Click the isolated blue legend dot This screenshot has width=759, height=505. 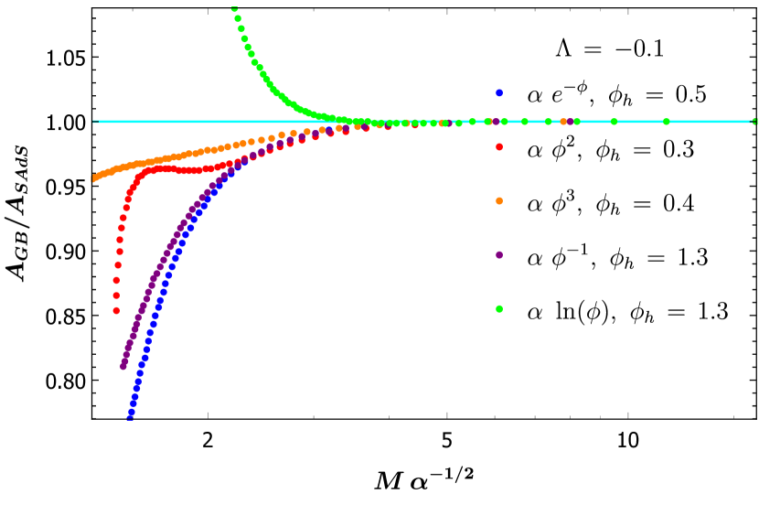[x=499, y=92]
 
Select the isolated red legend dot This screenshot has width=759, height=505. [x=499, y=146]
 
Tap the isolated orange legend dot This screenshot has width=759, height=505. [x=499, y=200]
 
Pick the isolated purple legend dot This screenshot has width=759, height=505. [x=499, y=254]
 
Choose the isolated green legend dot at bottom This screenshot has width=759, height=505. [x=499, y=308]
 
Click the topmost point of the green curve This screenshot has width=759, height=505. [x=234, y=8]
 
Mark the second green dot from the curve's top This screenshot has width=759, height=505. [x=238, y=18]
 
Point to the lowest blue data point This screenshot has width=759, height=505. [x=130, y=415]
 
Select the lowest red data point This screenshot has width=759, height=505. [x=116, y=311]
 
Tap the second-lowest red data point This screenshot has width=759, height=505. [x=116, y=295]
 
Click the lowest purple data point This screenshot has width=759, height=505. [x=123, y=367]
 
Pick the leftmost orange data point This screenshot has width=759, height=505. [x=92, y=178]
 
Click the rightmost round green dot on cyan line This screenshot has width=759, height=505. [x=666, y=122]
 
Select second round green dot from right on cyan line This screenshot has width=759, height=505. [x=614, y=122]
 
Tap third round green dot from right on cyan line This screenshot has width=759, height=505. [x=577, y=122]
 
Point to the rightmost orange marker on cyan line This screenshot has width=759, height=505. [x=563, y=122]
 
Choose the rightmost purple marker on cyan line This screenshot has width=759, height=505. [x=570, y=122]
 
